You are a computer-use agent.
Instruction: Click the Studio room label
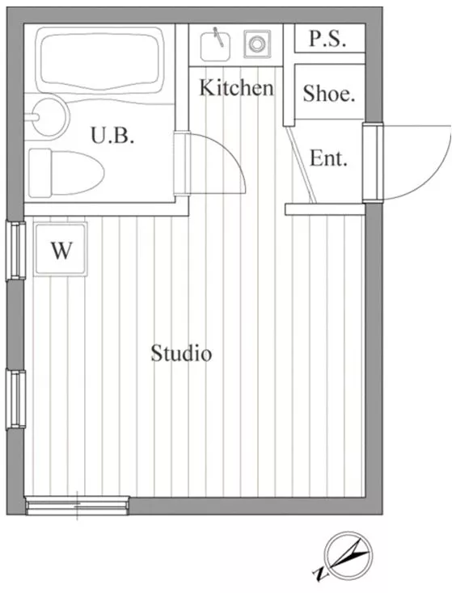click(181, 353)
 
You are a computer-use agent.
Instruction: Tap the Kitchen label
click(236, 87)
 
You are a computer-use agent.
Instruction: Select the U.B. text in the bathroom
click(112, 136)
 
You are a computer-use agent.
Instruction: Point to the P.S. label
click(327, 38)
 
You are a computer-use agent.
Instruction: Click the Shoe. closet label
click(329, 93)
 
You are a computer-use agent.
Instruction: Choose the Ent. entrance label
click(328, 158)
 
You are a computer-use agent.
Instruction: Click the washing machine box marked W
click(61, 249)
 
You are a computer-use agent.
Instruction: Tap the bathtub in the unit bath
click(100, 60)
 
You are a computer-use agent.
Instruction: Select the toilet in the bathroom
click(65, 173)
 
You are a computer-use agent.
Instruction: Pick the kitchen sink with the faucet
click(215, 46)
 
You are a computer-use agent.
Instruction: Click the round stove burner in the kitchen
click(257, 44)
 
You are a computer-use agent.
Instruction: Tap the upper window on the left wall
click(15, 250)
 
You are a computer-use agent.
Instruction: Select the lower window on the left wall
click(15, 399)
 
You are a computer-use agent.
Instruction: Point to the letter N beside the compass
click(320, 574)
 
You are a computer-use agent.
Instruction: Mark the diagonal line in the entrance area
click(301, 165)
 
